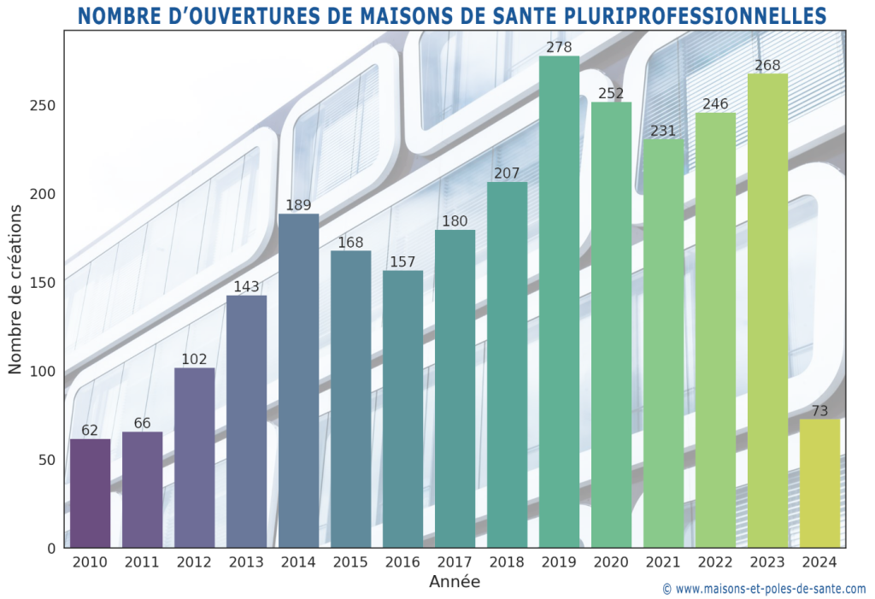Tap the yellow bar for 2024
click(x=819, y=484)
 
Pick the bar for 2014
click(x=298, y=380)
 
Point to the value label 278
click(x=559, y=47)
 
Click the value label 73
click(x=819, y=411)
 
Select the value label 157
click(x=402, y=261)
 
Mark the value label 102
click(x=194, y=360)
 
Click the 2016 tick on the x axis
click(x=402, y=562)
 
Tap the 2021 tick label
click(x=663, y=562)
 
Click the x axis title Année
click(x=454, y=583)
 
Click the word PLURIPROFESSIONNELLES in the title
click(x=712, y=15)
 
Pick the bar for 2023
click(x=767, y=310)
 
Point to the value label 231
click(x=663, y=131)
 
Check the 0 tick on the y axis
click(x=52, y=548)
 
